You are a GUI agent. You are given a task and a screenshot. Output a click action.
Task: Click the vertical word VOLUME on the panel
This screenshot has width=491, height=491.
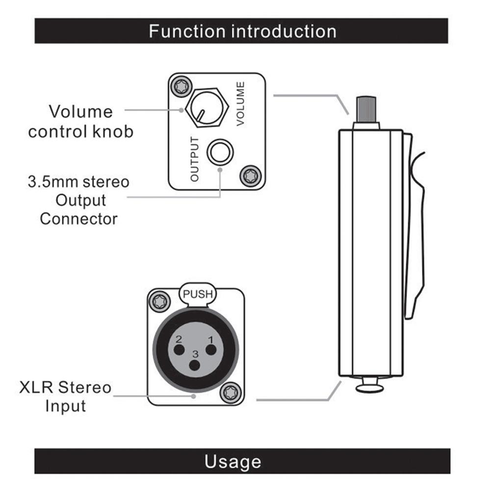[x=240, y=104]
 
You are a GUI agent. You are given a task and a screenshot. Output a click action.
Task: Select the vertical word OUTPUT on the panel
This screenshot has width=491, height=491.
[x=195, y=159]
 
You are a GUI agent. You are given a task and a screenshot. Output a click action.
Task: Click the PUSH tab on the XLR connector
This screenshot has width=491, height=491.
[x=198, y=295]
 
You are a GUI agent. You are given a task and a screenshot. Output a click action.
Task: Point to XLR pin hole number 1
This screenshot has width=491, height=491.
[x=211, y=350]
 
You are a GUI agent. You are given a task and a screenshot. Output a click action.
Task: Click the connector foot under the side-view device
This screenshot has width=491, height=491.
[x=369, y=386]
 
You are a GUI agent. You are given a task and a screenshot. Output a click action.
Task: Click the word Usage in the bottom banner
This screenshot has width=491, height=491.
[x=233, y=462]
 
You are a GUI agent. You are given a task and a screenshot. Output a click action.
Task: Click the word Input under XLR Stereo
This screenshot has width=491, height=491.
[x=65, y=406]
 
